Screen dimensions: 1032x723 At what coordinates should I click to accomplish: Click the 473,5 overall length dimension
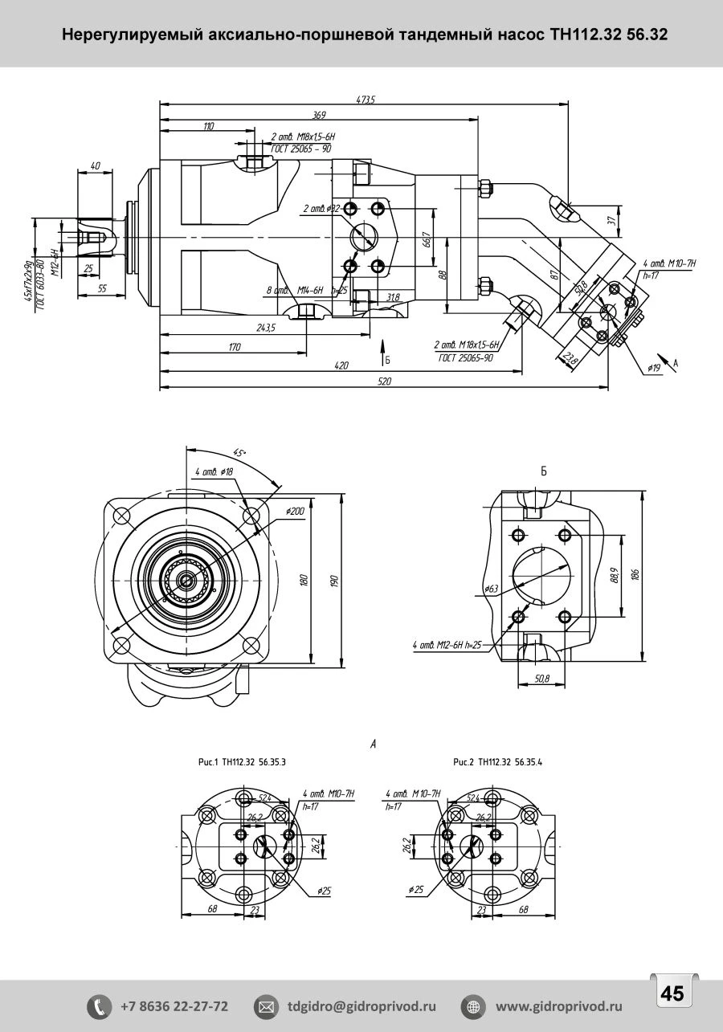pyautogui.click(x=366, y=100)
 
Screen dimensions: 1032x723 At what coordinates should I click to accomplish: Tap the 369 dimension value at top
pyautogui.click(x=319, y=116)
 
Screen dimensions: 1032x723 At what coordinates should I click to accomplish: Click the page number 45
pyautogui.click(x=672, y=994)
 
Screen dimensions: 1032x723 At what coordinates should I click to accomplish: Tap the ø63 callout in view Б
pyautogui.click(x=492, y=589)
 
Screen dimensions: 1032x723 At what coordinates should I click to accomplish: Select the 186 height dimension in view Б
pyautogui.click(x=635, y=575)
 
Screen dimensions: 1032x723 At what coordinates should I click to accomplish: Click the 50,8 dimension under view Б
pyautogui.click(x=541, y=679)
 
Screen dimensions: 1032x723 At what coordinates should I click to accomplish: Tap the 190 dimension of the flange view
pyautogui.click(x=335, y=580)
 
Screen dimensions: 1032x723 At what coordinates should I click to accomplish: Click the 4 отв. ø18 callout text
pyautogui.click(x=213, y=472)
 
